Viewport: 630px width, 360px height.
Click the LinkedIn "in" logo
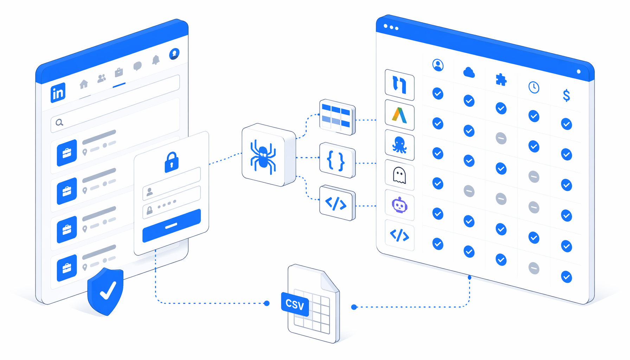[58, 93]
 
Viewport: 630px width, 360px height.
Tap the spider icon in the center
[263, 156]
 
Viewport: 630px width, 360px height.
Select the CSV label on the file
[295, 304]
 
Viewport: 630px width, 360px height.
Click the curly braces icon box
[337, 160]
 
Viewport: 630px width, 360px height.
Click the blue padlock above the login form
[172, 162]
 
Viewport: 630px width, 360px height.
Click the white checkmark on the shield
[108, 290]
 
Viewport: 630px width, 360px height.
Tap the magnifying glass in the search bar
[59, 122]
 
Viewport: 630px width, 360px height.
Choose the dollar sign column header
[566, 95]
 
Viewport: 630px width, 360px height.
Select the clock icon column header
[534, 87]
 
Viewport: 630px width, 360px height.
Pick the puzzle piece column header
[501, 80]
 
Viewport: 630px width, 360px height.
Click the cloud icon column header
[469, 72]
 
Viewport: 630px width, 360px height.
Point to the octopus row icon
[400, 145]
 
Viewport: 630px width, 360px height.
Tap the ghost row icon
[399, 175]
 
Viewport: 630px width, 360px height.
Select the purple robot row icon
[400, 205]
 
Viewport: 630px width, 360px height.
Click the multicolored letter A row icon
[400, 115]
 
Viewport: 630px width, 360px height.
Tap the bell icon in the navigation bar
[156, 60]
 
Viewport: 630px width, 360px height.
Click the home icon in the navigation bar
[84, 84]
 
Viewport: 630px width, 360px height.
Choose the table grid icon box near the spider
[337, 117]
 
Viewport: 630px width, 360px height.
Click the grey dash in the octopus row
[501, 139]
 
